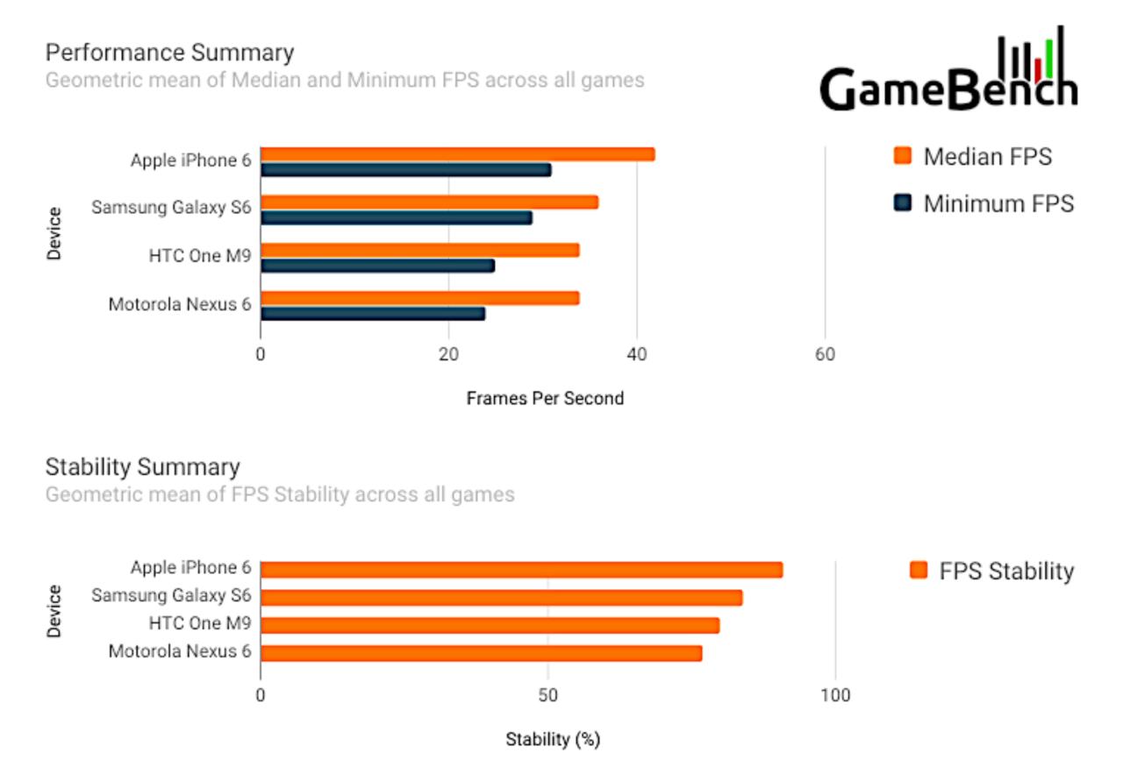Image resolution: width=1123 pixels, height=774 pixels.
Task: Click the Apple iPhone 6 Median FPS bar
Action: click(x=457, y=154)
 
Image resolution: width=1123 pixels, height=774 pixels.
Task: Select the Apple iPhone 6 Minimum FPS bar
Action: click(x=405, y=170)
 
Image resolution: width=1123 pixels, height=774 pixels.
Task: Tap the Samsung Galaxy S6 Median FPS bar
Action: click(x=429, y=202)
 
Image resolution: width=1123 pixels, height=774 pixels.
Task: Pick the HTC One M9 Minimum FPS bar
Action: click(x=377, y=266)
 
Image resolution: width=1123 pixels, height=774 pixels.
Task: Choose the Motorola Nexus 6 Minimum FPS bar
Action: click(x=372, y=314)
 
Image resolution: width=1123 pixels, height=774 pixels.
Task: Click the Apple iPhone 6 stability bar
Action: click(x=521, y=570)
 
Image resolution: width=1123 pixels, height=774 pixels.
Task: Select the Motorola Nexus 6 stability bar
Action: click(x=481, y=653)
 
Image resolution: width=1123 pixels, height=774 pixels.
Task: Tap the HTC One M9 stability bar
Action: click(x=490, y=626)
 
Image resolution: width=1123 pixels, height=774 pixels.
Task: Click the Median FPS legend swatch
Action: click(x=902, y=157)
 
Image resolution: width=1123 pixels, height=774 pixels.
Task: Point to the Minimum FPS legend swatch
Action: click(x=902, y=204)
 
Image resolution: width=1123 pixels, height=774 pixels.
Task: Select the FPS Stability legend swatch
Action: click(x=919, y=572)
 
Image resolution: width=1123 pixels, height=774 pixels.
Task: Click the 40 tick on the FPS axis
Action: click(x=637, y=355)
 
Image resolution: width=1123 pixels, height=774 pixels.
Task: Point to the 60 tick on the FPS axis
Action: click(x=825, y=355)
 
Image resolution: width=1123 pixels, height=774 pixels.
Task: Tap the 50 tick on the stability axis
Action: click(x=547, y=695)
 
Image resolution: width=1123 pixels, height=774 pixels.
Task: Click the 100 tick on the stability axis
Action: click(x=835, y=695)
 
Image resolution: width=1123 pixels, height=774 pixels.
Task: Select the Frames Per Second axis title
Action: click(x=545, y=399)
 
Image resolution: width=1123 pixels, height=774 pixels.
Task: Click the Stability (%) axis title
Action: click(x=553, y=740)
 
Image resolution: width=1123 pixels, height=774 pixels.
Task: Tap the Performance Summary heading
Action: click(x=169, y=53)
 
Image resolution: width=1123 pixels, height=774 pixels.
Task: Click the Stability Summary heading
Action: click(x=142, y=466)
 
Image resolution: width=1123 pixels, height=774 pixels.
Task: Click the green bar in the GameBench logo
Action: click(x=1049, y=58)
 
